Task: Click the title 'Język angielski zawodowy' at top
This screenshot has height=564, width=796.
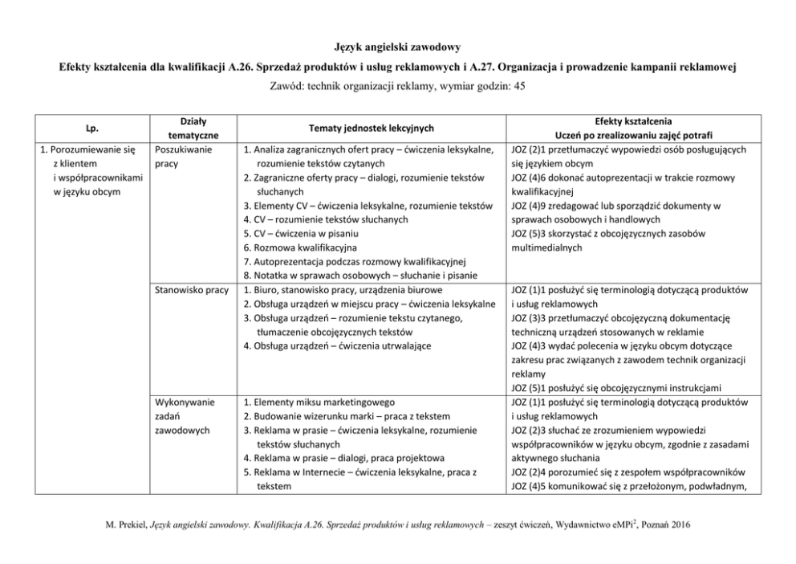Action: tap(397, 48)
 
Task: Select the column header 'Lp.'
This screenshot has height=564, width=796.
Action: tap(85, 127)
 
